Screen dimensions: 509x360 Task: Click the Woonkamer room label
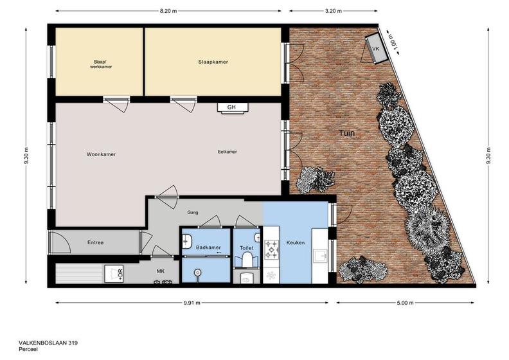tap(101, 154)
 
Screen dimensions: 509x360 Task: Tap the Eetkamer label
tap(228, 152)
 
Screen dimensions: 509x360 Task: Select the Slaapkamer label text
tap(213, 62)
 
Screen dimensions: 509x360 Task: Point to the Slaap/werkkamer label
tap(101, 64)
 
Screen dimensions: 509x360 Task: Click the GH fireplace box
tap(232, 108)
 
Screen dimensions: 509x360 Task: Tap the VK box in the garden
tap(377, 49)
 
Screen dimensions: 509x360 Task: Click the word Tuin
tap(346, 133)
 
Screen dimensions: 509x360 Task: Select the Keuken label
tap(296, 242)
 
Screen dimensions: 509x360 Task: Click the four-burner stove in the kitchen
tap(271, 249)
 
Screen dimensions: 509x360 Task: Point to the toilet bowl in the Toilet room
tap(247, 260)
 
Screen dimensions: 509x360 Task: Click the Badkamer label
tap(208, 248)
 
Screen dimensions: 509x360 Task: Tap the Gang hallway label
tap(193, 213)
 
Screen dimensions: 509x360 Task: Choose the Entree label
tap(95, 242)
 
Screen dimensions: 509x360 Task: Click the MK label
tap(161, 271)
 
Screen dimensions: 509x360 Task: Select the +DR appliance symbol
tap(114, 274)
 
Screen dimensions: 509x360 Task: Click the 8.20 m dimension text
tap(168, 11)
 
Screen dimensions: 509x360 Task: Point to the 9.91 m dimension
tap(192, 303)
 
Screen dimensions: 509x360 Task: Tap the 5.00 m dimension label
tap(405, 303)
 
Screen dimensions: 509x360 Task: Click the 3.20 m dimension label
tap(334, 11)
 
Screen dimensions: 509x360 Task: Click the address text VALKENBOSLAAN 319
tap(48, 343)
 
